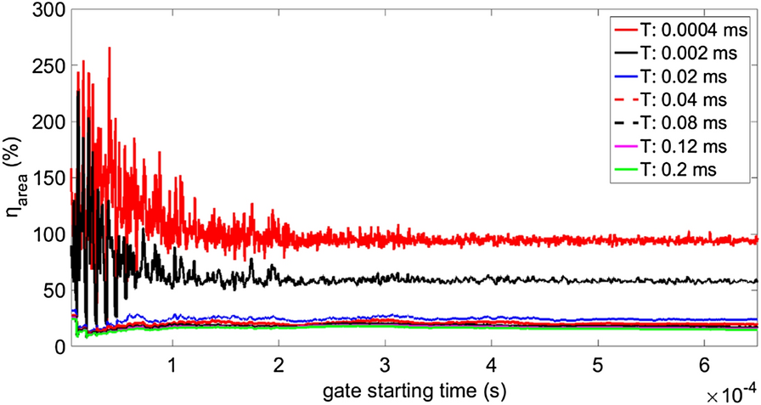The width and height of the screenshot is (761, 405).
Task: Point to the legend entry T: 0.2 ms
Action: [x=679, y=170]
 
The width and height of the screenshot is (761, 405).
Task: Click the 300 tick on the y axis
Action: [x=47, y=11]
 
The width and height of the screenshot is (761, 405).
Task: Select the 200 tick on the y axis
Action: [x=47, y=122]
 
